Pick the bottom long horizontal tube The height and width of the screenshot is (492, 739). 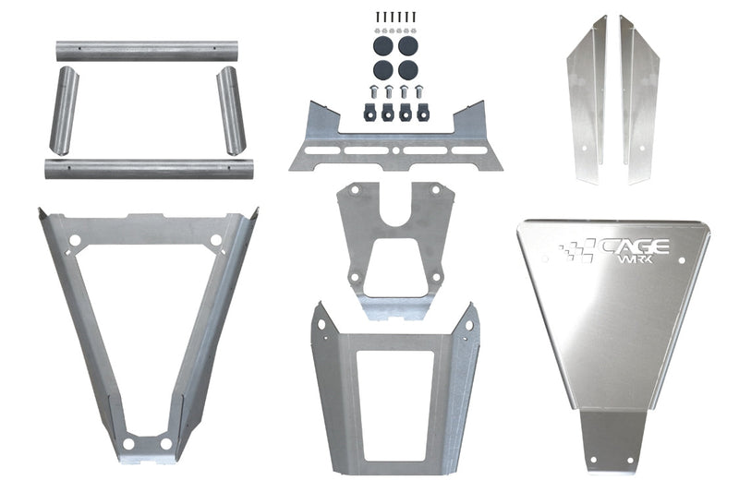(x=137, y=169)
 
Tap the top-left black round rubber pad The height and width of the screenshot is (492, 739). (x=383, y=44)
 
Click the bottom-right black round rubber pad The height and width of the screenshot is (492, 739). (x=407, y=68)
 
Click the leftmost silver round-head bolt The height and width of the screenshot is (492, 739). (x=374, y=91)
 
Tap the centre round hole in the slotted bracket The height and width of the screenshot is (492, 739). (x=395, y=149)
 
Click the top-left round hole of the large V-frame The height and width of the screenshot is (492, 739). (x=75, y=240)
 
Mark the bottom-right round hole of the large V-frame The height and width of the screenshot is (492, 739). (x=166, y=444)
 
